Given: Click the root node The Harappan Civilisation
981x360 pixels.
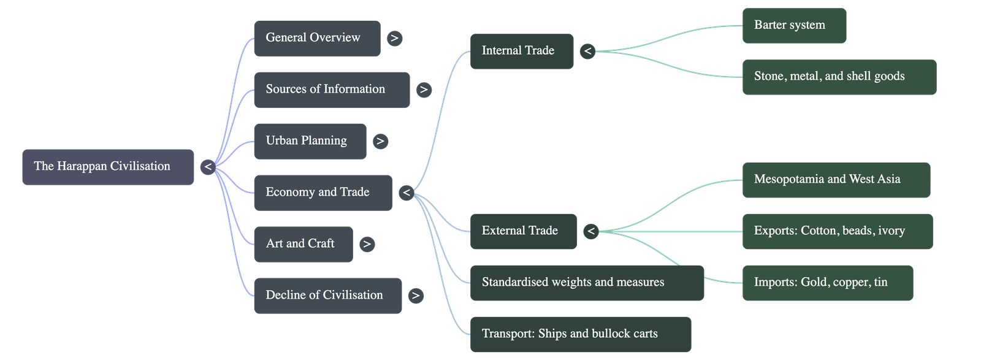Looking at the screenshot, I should coord(108,166).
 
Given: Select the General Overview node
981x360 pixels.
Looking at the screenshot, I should coord(316,38).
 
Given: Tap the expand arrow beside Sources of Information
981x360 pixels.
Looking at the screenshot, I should coord(423,90).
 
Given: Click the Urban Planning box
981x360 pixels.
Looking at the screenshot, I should coord(310,141).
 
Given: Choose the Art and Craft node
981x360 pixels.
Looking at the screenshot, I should coord(303,244).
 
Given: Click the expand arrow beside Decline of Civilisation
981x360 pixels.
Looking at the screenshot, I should coord(416,296).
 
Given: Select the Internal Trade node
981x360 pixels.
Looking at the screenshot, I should coord(521,51).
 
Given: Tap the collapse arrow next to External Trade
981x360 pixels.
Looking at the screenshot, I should coord(590,231).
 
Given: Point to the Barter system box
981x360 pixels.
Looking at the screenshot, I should coord(793,25).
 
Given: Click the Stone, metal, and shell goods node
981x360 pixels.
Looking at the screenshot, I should coord(839,77).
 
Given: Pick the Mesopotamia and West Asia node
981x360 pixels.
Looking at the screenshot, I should coord(836,180).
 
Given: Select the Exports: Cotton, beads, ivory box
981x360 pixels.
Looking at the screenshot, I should coord(837,231).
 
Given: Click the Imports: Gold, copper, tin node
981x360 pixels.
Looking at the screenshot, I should coord(827,283).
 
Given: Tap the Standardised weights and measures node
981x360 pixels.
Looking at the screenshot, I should coord(586,283).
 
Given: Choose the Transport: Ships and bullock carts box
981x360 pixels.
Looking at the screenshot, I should coord(580,334).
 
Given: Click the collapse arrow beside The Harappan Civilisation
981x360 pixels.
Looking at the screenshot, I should coord(208,166).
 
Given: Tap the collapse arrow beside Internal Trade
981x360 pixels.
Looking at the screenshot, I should coord(587,51).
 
